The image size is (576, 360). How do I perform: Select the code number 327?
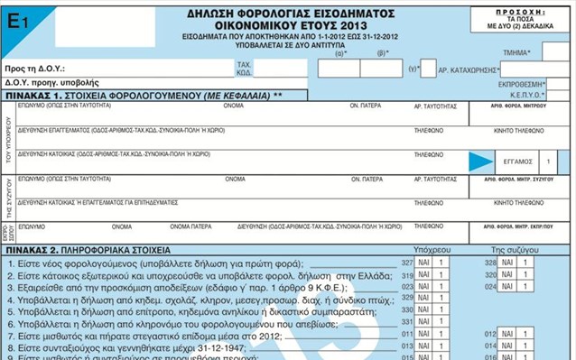(406, 262)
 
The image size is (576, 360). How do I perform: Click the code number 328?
(491, 262)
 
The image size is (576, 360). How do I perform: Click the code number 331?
(406, 320)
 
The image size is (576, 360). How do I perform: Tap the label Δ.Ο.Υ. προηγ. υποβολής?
(45, 82)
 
